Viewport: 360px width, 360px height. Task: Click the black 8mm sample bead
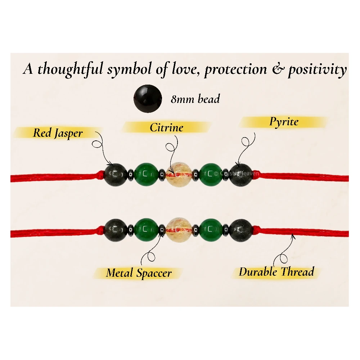[x=148, y=99]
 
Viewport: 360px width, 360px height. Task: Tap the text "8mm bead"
[x=195, y=99]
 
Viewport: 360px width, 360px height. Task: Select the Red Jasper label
[x=58, y=133]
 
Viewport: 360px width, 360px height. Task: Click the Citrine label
[x=166, y=128]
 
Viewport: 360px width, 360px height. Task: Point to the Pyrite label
[x=284, y=122]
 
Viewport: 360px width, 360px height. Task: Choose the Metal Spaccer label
[x=139, y=273]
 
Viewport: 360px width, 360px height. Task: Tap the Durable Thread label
[x=276, y=272]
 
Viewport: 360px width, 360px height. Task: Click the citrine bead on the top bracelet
[x=178, y=174]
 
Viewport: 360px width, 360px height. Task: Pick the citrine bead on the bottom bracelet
[x=178, y=229]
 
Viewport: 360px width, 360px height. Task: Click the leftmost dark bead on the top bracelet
[x=116, y=175]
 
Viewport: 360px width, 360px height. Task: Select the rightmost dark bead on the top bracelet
[x=240, y=175]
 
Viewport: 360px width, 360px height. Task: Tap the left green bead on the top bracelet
[x=145, y=174]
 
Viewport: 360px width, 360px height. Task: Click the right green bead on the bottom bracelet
[x=211, y=230]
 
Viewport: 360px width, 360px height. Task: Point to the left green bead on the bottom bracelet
[x=145, y=230]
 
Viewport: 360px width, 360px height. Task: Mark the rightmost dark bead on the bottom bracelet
[x=240, y=230]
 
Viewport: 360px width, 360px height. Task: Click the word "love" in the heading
[x=184, y=69]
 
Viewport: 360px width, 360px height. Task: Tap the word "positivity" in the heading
[x=318, y=69]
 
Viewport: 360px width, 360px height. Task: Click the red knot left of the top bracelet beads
[x=100, y=176]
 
